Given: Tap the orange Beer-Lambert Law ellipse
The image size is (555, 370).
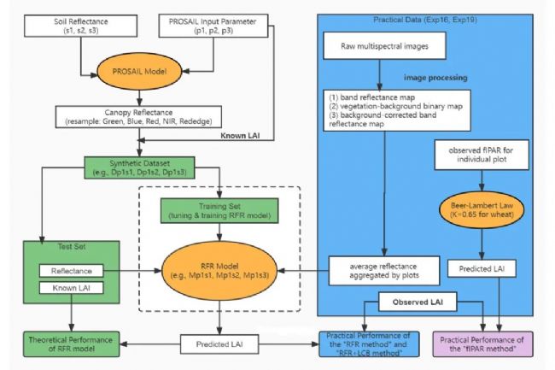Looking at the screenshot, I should pos(482,211).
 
